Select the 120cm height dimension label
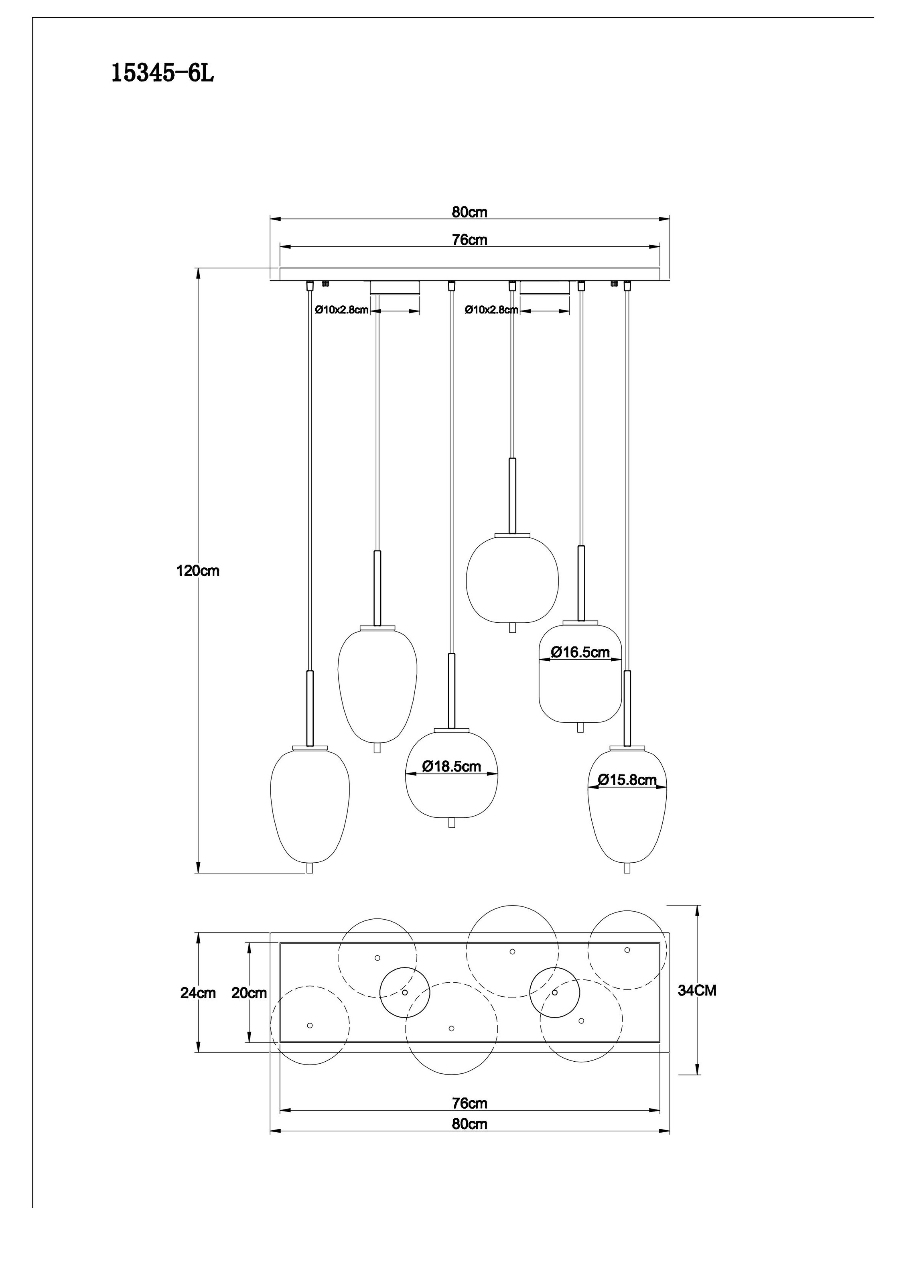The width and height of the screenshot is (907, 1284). click(x=198, y=571)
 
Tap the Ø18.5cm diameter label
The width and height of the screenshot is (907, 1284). click(x=452, y=766)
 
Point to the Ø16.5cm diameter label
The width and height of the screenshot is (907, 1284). click(x=580, y=652)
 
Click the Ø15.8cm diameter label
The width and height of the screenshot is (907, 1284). click(x=627, y=780)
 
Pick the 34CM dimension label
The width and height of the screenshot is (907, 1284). click(x=697, y=990)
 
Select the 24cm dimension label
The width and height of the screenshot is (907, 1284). click(x=198, y=993)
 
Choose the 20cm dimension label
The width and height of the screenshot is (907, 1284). click(x=249, y=993)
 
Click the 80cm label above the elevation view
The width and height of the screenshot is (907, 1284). click(x=470, y=212)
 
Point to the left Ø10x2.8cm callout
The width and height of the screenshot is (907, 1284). click(x=341, y=310)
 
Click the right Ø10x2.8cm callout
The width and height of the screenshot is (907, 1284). click(x=491, y=310)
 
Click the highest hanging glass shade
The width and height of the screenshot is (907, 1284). click(x=512, y=579)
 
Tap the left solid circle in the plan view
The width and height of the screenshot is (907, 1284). click(x=405, y=993)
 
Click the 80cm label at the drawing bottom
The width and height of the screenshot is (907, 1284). click(x=470, y=1124)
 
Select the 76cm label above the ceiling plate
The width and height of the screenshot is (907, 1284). click(x=470, y=240)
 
